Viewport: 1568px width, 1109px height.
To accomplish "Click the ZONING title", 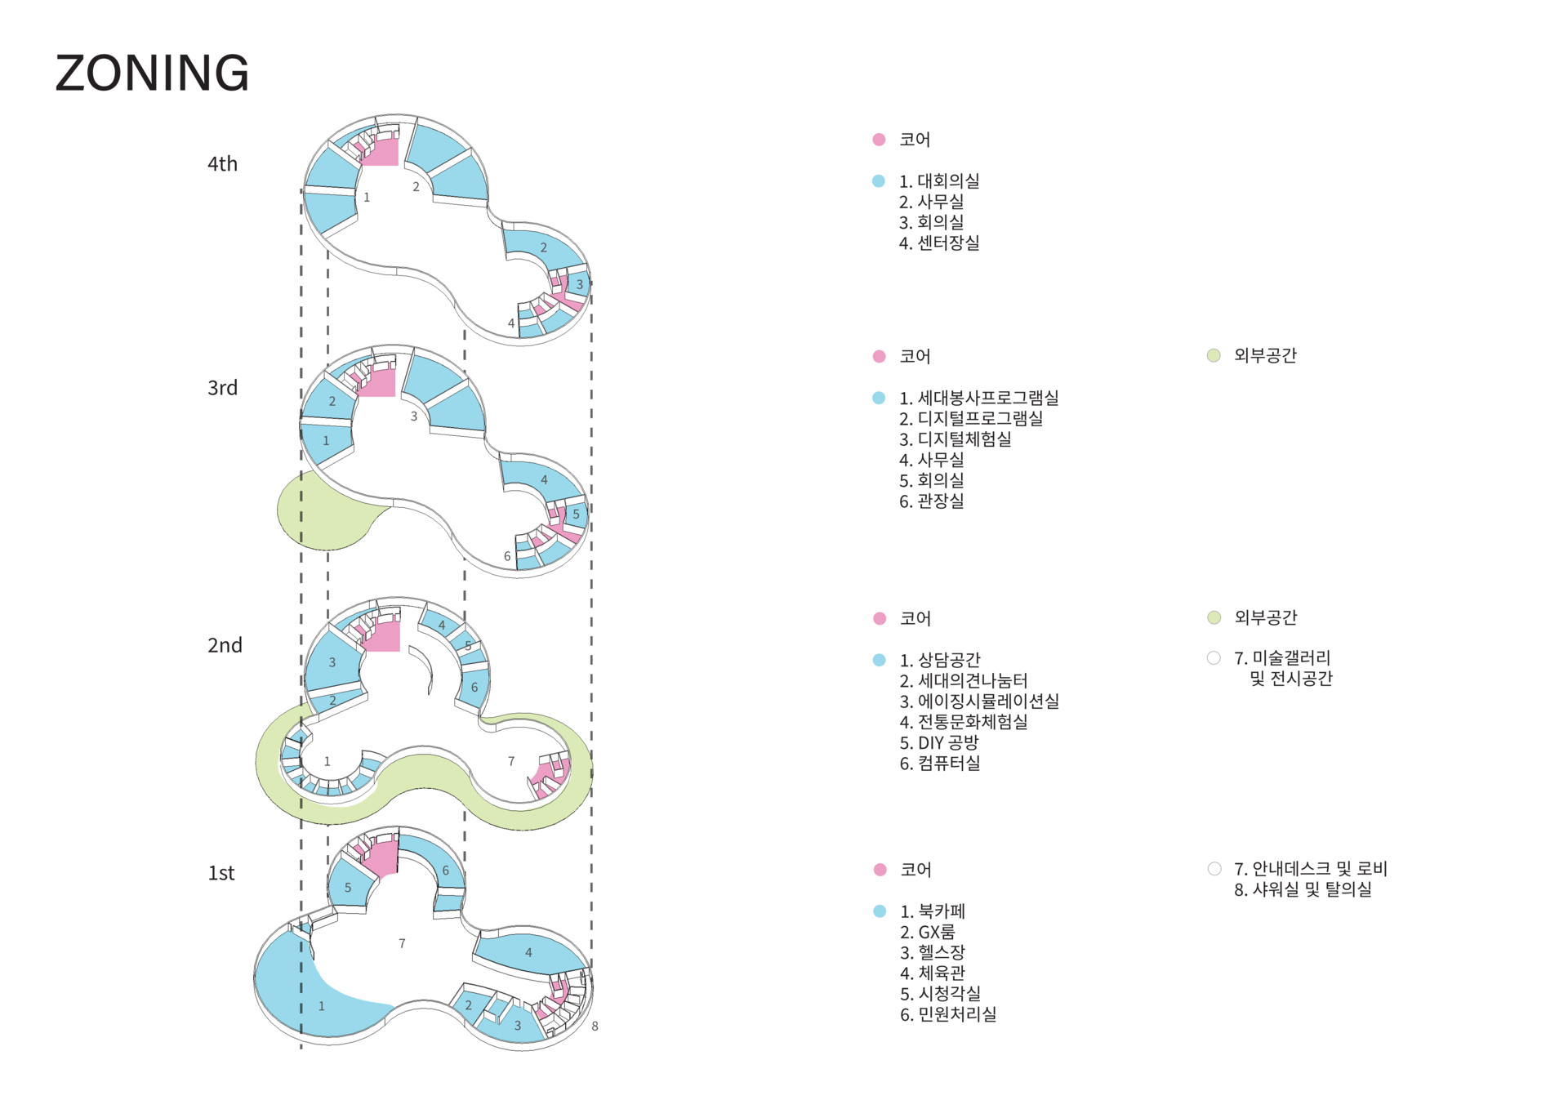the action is (152, 73).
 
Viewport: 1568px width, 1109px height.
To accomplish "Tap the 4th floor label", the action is (222, 164).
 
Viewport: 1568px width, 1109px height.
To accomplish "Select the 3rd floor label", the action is (222, 388).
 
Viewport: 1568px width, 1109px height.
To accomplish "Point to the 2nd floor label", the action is (225, 645).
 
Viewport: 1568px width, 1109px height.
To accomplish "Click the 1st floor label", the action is (221, 873).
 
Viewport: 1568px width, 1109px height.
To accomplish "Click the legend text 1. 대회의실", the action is (939, 181).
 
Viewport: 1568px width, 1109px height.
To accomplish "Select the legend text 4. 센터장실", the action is (939, 243).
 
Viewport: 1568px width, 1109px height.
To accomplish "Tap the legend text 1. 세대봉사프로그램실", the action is (978, 399).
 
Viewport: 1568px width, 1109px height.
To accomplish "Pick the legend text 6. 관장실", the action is (931, 501).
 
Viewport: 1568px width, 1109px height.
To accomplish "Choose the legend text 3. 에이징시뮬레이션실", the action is (979, 701).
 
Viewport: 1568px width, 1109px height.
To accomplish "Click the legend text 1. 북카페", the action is (932, 911).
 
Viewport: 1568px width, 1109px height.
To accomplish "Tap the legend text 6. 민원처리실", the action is (947, 1014).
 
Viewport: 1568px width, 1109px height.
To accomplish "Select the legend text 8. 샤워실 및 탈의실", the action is (1303, 889).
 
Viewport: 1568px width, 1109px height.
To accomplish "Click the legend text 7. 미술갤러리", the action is (1282, 658).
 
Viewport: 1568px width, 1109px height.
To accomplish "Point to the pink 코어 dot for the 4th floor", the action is (879, 140).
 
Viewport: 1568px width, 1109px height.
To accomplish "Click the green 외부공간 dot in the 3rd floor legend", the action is (1214, 355).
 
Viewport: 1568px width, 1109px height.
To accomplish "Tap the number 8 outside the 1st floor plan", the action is (595, 1027).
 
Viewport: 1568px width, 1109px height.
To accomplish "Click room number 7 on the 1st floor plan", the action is (402, 944).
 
